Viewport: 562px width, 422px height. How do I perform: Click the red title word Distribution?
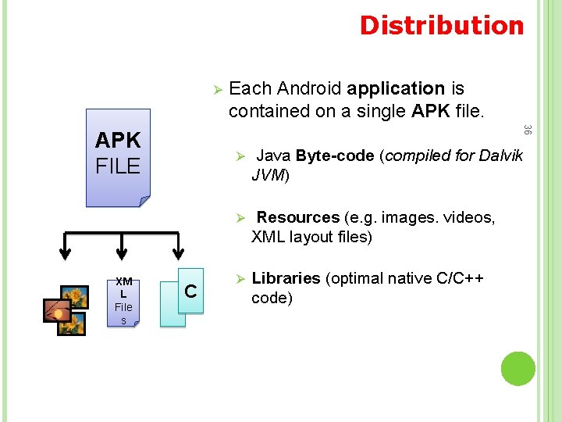[x=442, y=25]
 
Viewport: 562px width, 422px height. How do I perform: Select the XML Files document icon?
[x=123, y=300]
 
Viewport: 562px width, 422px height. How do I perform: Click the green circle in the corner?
[x=518, y=368]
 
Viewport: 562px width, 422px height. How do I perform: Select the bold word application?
[x=397, y=88]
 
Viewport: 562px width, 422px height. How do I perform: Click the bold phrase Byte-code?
[x=335, y=156]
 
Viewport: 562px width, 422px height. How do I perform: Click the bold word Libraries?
[x=286, y=278]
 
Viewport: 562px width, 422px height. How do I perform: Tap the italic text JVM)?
[x=271, y=175]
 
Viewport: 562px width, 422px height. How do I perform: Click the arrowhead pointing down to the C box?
[x=178, y=252]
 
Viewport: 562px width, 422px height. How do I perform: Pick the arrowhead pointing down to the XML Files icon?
[x=120, y=252]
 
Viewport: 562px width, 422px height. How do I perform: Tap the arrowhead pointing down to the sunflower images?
[x=66, y=252]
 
